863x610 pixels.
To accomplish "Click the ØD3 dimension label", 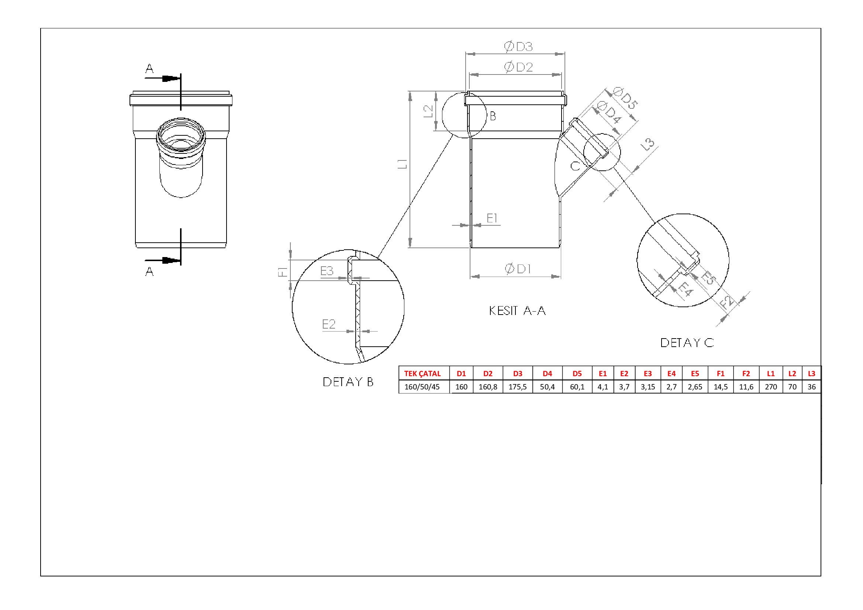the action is (x=518, y=46).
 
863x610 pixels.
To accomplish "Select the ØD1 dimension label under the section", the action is (x=518, y=268).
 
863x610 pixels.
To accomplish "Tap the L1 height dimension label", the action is (x=402, y=164).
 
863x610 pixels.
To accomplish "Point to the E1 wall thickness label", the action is (x=492, y=218).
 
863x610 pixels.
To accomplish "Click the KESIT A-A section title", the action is (x=517, y=311).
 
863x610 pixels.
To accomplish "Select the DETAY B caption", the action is (x=348, y=382).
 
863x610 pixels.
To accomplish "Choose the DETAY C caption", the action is (x=687, y=343).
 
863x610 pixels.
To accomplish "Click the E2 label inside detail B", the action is (x=328, y=324).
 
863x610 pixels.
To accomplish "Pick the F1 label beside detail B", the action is (x=283, y=271).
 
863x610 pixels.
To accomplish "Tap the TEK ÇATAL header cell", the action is (x=422, y=374).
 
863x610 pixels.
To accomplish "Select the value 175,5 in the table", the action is (x=518, y=387).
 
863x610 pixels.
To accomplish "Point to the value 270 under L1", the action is (x=771, y=387).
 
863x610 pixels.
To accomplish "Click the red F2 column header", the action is (x=746, y=374).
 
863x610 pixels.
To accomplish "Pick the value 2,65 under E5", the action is (x=695, y=387).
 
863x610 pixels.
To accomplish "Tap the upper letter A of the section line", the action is (x=149, y=69).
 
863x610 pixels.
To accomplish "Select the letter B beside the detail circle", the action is (x=493, y=116).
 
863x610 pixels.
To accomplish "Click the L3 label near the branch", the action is (x=648, y=144).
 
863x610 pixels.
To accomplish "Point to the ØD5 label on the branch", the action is (x=625, y=98).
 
